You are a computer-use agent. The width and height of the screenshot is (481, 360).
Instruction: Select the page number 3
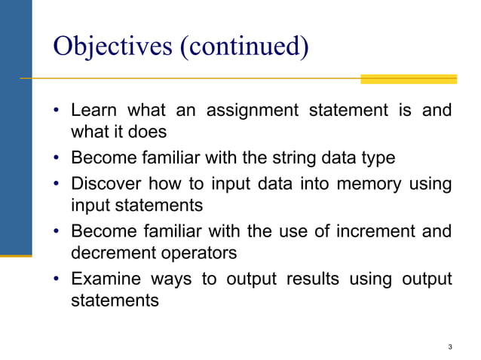coord(449,347)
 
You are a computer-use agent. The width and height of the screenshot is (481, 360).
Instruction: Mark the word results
coord(311,279)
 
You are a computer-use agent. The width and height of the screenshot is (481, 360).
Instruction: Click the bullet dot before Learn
coord(57,111)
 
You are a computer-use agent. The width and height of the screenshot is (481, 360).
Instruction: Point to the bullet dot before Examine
coord(57,279)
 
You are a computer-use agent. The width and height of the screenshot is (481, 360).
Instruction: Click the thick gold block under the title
coord(408,78)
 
